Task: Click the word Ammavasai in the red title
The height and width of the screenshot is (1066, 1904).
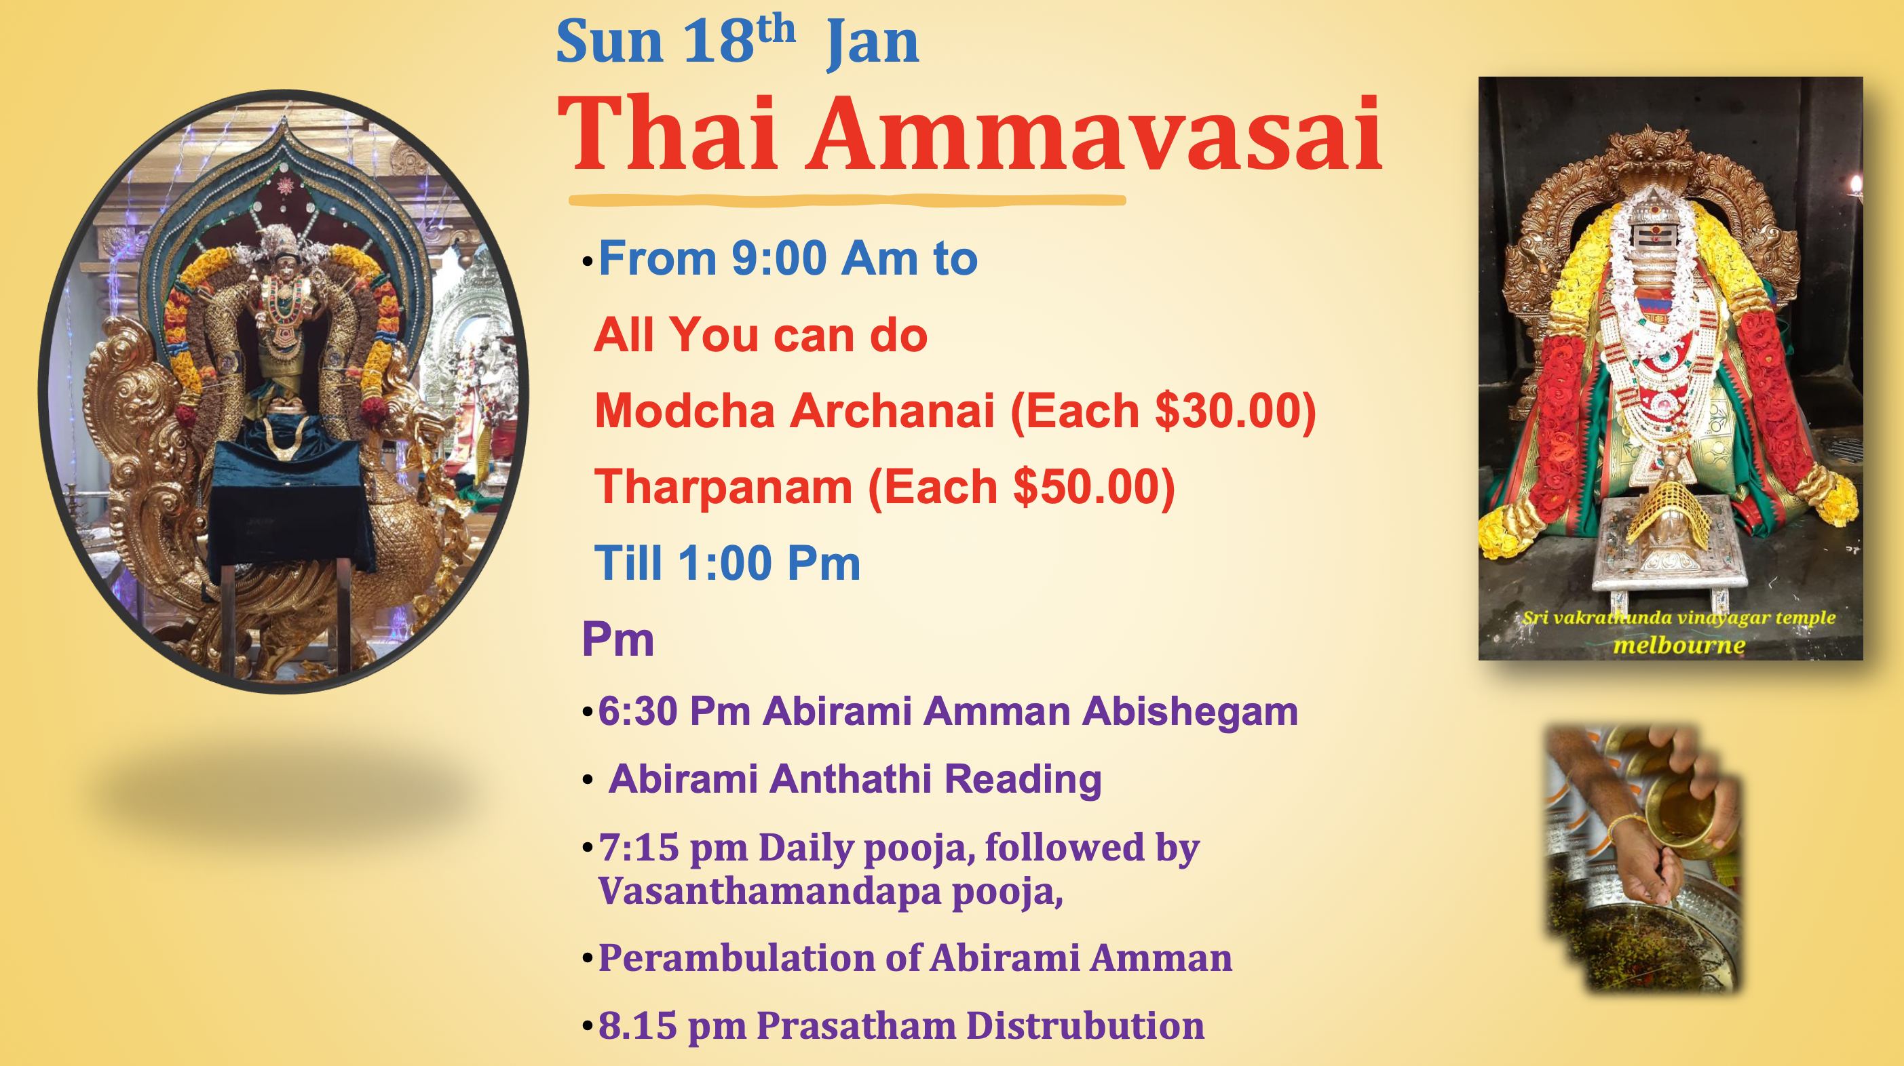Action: (x=1094, y=134)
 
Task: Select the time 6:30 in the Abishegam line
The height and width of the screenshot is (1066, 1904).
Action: (x=637, y=711)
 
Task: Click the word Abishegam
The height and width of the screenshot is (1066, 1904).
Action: (x=1189, y=711)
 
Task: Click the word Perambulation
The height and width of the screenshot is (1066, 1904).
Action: (x=736, y=958)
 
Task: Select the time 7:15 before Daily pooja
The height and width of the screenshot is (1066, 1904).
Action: (x=639, y=848)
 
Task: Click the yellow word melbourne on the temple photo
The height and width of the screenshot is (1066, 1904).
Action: (x=1679, y=645)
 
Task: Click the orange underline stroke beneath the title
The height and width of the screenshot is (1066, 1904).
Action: (x=846, y=200)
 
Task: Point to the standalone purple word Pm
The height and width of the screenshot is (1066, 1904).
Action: (x=618, y=639)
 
